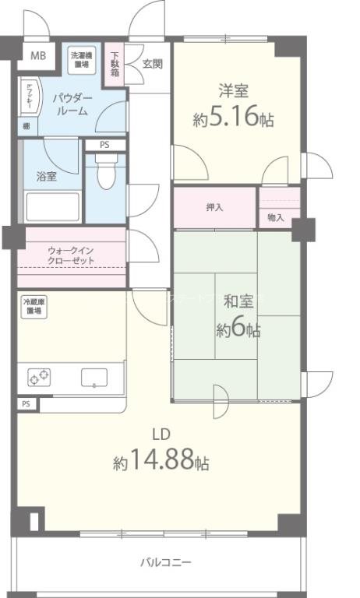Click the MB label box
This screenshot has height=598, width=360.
click(37, 55)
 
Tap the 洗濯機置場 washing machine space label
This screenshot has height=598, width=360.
click(80, 60)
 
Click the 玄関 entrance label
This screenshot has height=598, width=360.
click(153, 64)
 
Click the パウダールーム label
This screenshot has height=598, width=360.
click(71, 104)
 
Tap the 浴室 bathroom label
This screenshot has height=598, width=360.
click(46, 176)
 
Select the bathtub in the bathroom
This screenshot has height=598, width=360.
click(51, 207)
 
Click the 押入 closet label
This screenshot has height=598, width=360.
click(215, 207)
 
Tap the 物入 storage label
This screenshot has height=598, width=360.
click(275, 217)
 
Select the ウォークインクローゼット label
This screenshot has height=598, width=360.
click(71, 255)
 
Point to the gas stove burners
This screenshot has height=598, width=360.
click(40, 377)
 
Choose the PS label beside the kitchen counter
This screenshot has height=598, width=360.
click(26, 404)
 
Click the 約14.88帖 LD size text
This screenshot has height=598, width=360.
click(161, 462)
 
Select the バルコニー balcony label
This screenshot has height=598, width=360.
click(165, 561)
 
